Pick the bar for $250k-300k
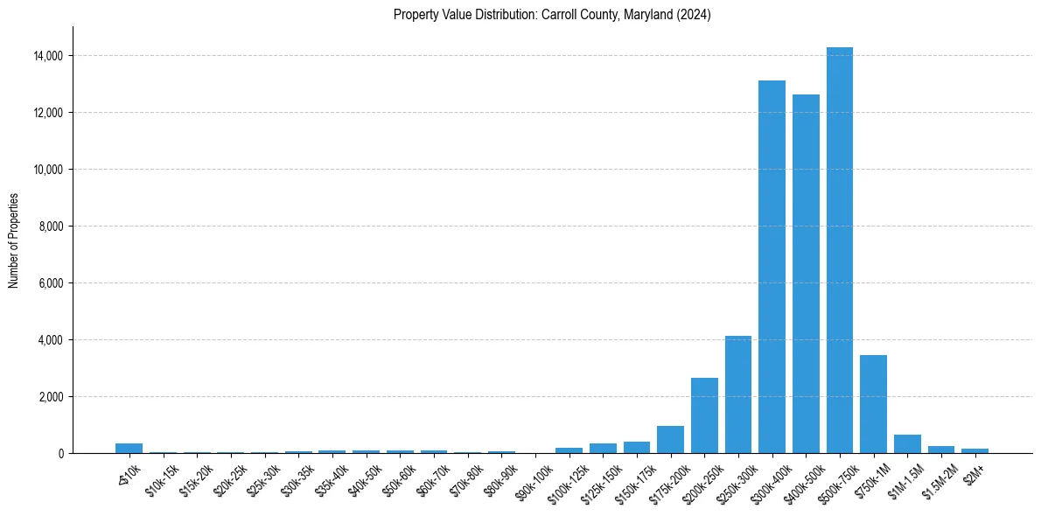coord(738,394)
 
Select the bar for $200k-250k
coord(704,415)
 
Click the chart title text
coord(552,15)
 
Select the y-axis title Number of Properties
coord(14,241)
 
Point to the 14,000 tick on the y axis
coord(47,56)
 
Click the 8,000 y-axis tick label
coord(50,227)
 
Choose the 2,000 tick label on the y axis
coord(50,397)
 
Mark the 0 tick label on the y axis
coord(61,454)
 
